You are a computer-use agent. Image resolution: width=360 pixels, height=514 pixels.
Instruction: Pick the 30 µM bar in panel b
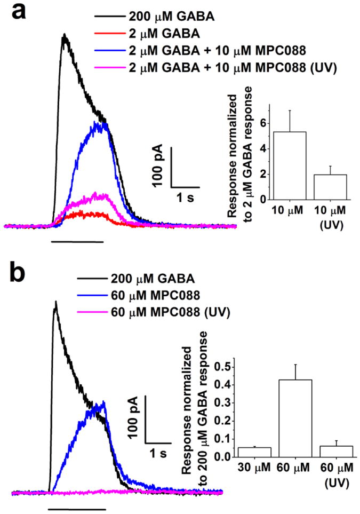(255, 452)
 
